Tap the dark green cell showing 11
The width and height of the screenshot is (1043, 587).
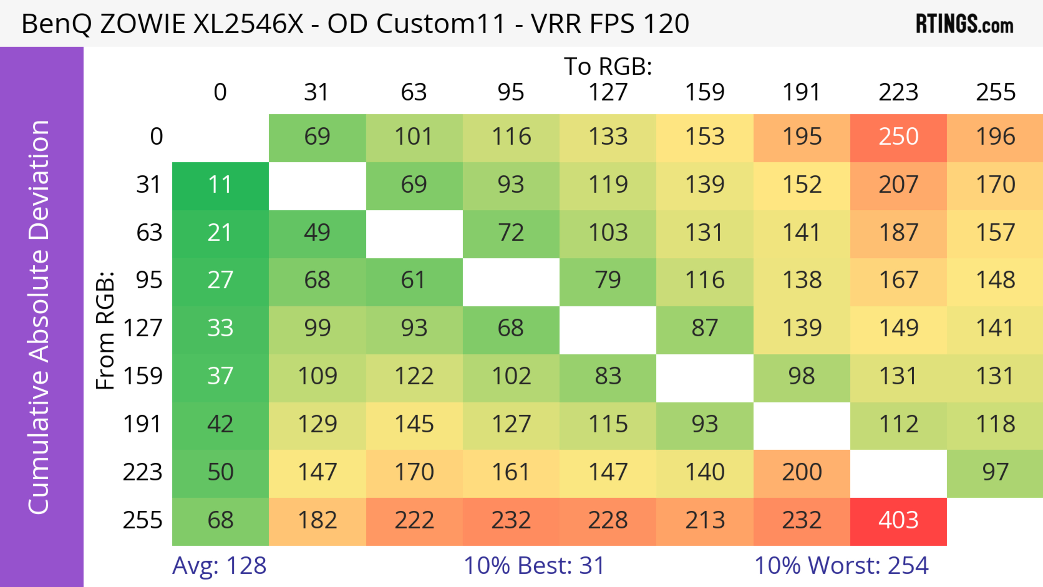pyautogui.click(x=220, y=185)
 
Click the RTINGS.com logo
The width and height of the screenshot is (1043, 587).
pyautogui.click(x=965, y=24)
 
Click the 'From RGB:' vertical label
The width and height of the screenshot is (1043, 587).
pyautogui.click(x=105, y=330)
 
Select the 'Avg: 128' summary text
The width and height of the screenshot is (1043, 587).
pyautogui.click(x=219, y=565)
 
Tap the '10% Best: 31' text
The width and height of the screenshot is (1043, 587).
pyautogui.click(x=534, y=565)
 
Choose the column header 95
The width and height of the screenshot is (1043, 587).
pyautogui.click(x=511, y=92)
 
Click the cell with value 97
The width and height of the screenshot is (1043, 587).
pyautogui.click(x=995, y=472)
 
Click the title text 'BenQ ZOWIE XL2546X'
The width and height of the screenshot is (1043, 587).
pyautogui.click(x=162, y=24)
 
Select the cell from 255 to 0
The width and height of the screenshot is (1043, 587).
pyautogui.click(x=220, y=521)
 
